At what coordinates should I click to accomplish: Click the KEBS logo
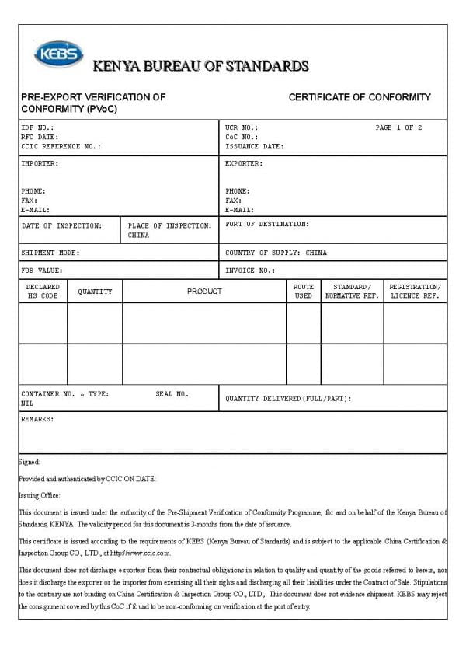point(57,54)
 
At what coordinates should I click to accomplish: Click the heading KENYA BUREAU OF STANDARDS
point(200,66)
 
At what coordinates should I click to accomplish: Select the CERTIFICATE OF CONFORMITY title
point(360,97)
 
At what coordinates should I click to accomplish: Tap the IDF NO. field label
point(37,127)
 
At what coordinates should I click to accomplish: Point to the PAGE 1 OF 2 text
point(398,127)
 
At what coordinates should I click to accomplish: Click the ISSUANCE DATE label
point(254,146)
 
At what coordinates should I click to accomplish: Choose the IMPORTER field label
point(40,164)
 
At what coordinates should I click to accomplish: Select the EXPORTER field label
point(244,164)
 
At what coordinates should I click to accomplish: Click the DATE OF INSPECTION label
point(61,226)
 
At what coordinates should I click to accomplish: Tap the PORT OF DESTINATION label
point(266,224)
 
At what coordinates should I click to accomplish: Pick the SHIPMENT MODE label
point(50,253)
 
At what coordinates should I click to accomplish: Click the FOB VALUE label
point(42,271)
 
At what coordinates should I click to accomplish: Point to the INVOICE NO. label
point(250,271)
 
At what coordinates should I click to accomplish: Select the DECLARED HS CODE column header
point(43,292)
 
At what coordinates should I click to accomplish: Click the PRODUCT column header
point(204,292)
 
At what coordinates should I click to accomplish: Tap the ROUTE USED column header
point(304,292)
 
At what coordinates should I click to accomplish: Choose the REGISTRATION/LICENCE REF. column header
point(415,292)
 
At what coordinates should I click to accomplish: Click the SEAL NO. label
point(172,394)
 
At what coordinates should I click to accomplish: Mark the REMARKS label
point(37,419)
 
